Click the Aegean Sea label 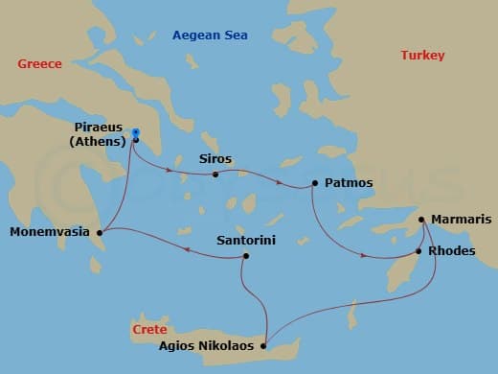point(210,35)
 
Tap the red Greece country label point(39,64)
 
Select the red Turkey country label point(422,56)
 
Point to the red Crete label point(148,330)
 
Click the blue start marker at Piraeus point(136,132)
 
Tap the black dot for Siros point(215,175)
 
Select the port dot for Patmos point(314,182)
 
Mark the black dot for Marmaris point(421,220)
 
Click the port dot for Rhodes point(418,252)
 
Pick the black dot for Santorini point(246,256)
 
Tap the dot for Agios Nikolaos point(262,346)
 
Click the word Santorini point(246,241)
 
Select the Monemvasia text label point(49,232)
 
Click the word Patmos point(349,182)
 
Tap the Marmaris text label point(460,220)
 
